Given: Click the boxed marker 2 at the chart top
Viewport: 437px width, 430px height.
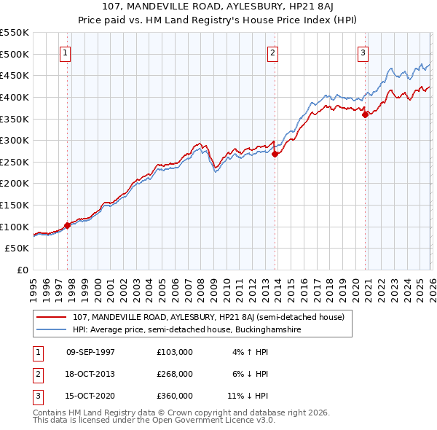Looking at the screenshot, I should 272,52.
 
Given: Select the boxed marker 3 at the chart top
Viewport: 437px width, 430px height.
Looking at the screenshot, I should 363,52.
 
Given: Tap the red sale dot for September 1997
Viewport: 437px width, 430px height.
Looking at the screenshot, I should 67,225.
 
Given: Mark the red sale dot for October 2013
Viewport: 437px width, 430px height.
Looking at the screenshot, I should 275,154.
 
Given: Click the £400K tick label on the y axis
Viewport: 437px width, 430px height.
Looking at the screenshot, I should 15,97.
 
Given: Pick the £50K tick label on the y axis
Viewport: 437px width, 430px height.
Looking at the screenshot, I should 17,249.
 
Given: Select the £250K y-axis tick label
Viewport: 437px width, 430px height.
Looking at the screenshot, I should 15,162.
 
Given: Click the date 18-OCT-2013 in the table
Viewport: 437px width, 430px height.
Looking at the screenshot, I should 90,374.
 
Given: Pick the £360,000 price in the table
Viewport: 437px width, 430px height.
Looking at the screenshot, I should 174,396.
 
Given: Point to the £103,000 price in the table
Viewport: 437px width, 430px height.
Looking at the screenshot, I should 174,352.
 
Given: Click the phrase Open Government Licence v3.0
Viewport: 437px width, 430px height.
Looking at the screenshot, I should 212,421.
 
